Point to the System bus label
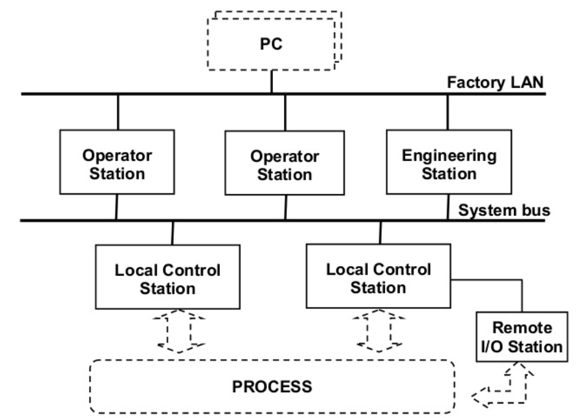pyautogui.click(x=503, y=212)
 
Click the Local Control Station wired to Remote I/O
pyautogui.click(x=378, y=278)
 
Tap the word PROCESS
pyautogui.click(x=272, y=385)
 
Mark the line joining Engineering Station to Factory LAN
pyautogui.click(x=447, y=113)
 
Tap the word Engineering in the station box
pyautogui.click(x=449, y=157)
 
